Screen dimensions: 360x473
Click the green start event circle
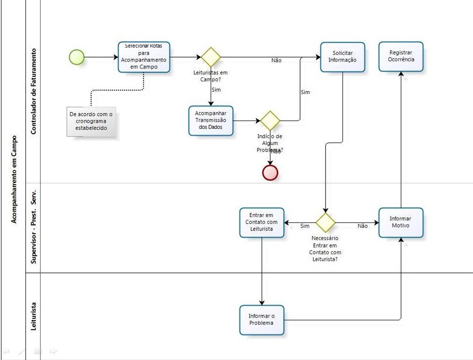coord(77,57)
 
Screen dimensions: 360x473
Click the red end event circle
coord(270,172)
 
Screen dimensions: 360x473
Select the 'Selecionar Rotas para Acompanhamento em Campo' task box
coord(144,57)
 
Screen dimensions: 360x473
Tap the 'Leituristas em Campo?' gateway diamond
coord(211,57)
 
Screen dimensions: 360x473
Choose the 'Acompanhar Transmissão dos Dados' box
coord(211,120)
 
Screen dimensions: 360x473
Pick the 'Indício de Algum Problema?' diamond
coord(270,120)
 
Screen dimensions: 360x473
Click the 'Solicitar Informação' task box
coord(342,57)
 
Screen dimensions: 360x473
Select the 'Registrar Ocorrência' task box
coord(401,57)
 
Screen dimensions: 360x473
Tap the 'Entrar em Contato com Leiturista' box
coord(262,222)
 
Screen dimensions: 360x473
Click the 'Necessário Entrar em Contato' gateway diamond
coord(325,222)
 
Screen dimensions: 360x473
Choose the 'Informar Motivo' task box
coord(401,222)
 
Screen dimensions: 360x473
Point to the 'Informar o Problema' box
coord(262,320)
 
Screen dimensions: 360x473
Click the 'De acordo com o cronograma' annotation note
coord(91,121)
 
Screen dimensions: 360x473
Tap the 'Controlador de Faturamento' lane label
coord(34,91)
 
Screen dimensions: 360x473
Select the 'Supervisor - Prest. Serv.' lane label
coord(34,228)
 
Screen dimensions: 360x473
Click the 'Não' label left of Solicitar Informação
coord(276,60)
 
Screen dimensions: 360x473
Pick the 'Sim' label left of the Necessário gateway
coord(305,226)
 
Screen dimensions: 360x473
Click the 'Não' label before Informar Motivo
coord(362,226)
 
